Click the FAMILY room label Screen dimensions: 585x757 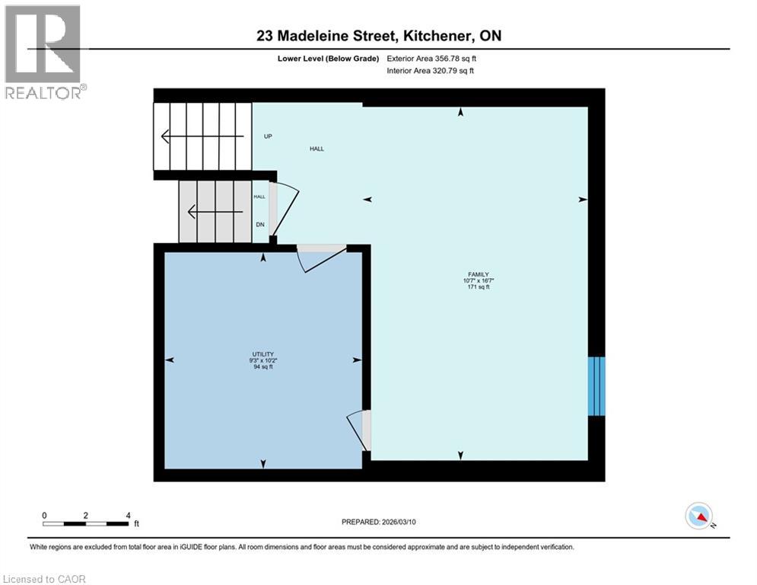click(478, 274)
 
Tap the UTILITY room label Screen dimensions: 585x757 click(263, 353)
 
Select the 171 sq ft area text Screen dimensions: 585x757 click(478, 287)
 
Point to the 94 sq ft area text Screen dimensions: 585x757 click(263, 366)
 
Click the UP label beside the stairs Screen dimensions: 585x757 click(268, 136)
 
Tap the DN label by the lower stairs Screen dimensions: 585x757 click(259, 224)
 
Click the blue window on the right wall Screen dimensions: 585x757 click(597, 385)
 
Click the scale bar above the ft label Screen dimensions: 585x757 click(86, 523)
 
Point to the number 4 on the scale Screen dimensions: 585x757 click(128, 515)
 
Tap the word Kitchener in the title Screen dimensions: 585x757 click(430, 36)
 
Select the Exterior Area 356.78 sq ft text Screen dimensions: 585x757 click(432, 58)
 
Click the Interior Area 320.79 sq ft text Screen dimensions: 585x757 click(431, 71)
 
